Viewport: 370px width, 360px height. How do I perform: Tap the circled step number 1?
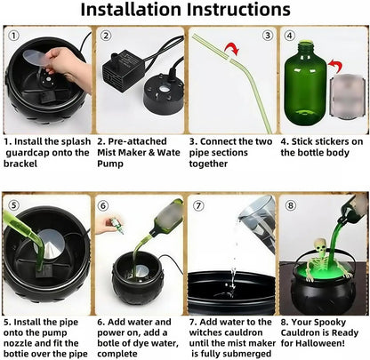point(12,36)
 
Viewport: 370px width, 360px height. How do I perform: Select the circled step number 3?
point(268,36)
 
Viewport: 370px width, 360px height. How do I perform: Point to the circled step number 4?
point(288,36)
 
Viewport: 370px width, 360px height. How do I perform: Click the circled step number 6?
point(103,205)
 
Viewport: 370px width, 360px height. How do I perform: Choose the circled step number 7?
point(197,205)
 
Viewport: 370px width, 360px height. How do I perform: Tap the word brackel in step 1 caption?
point(25,164)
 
